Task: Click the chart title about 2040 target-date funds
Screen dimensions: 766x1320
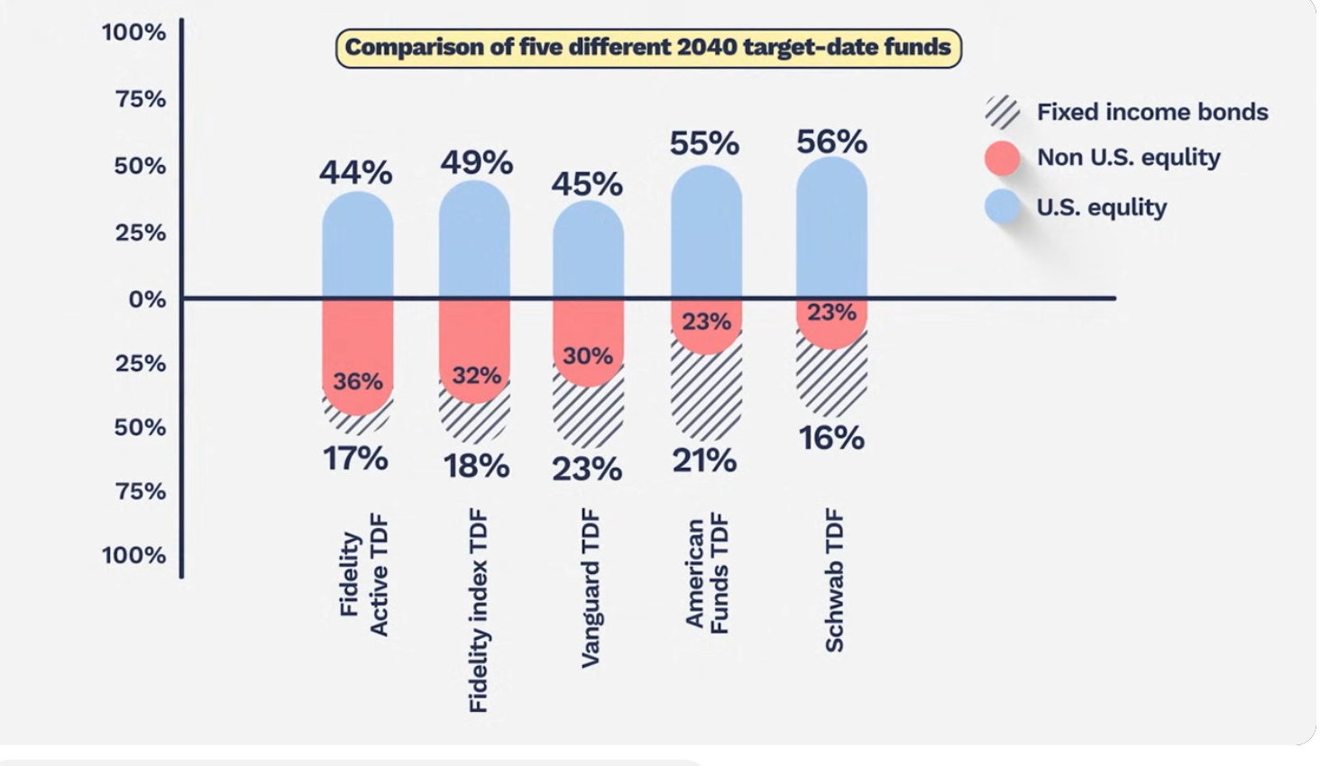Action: (648, 48)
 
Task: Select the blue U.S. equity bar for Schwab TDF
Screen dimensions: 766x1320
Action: (831, 230)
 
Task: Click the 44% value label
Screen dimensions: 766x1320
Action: (356, 172)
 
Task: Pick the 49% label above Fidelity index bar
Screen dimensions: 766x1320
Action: (476, 162)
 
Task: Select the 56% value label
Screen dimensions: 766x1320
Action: (831, 141)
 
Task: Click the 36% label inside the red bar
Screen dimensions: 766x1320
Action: (358, 381)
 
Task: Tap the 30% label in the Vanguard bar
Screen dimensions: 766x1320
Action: (588, 356)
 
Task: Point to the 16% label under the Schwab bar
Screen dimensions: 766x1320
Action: (831, 438)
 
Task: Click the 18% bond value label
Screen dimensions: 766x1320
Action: (476, 466)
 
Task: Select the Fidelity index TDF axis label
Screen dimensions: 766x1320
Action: (478, 611)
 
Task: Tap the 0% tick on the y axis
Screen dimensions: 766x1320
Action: (147, 299)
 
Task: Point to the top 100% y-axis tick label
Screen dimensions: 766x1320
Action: (133, 32)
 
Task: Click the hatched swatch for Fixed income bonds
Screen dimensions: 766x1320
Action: (1002, 112)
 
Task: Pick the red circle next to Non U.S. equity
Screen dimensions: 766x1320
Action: (1002, 158)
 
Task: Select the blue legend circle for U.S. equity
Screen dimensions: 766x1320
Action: (1002, 207)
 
